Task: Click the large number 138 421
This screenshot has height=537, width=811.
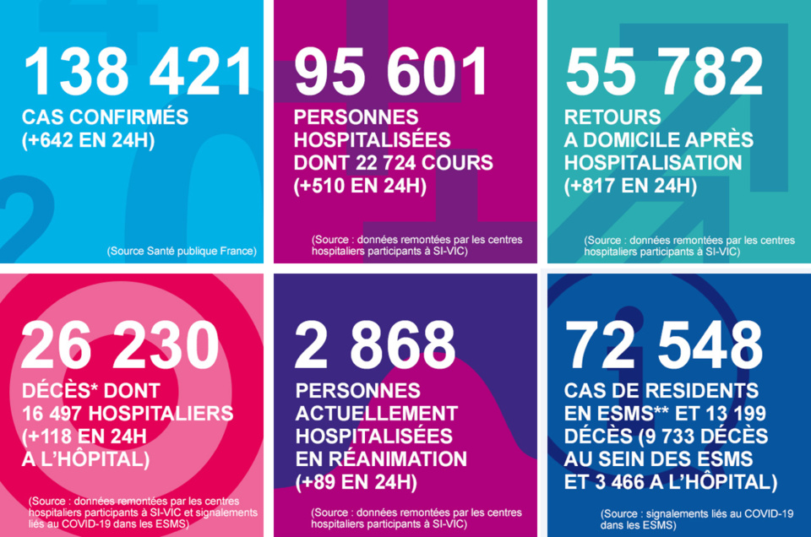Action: pyautogui.click(x=139, y=72)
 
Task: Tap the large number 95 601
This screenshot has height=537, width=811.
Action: pyautogui.click(x=391, y=72)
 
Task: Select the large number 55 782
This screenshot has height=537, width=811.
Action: pyautogui.click(x=664, y=72)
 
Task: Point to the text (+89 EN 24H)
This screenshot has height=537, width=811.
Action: pyautogui.click(x=356, y=483)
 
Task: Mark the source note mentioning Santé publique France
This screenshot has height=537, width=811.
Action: pyautogui.click(x=182, y=251)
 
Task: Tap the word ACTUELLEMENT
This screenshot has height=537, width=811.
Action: pyautogui.click(x=376, y=415)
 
